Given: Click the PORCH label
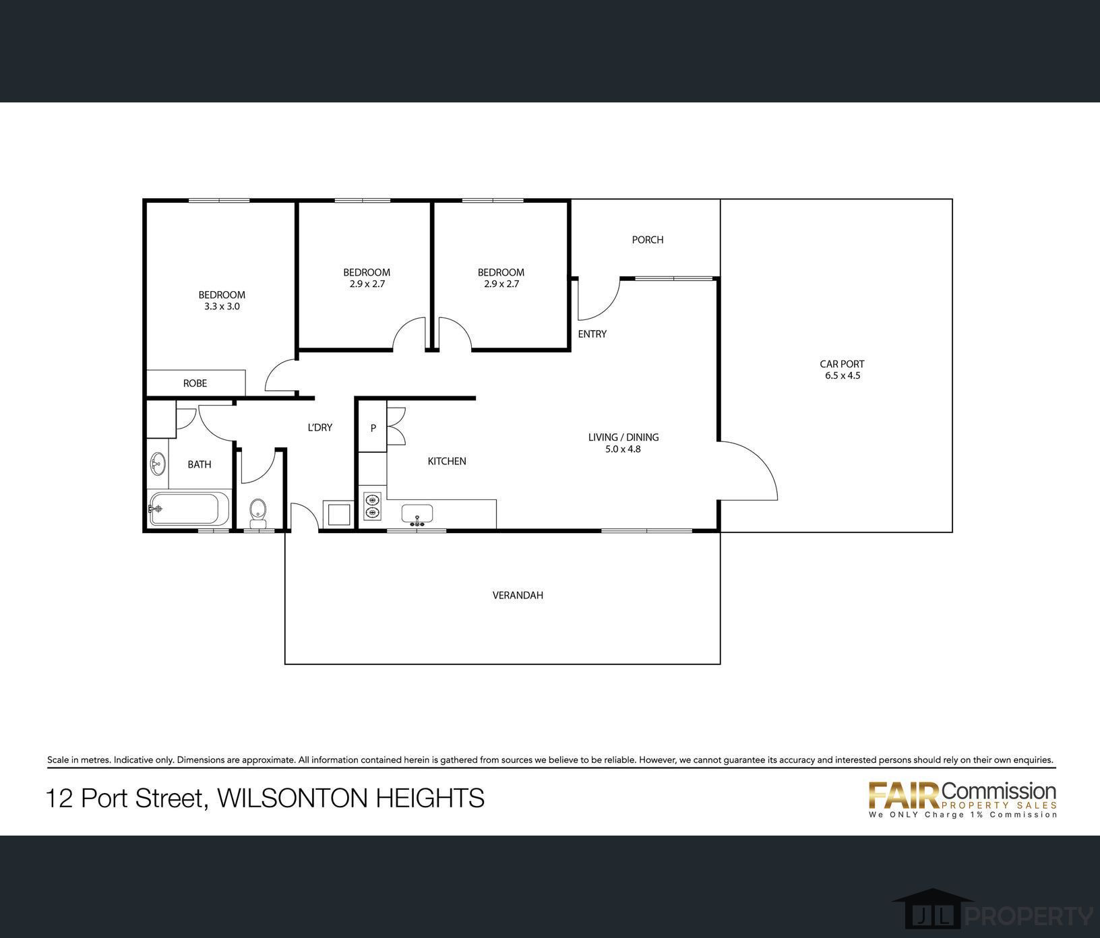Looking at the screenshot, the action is coord(648,240).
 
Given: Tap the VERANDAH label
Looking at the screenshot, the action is coord(518,596).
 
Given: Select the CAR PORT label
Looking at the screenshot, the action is coord(842,364).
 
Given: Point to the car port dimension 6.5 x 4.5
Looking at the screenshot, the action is coord(843,376).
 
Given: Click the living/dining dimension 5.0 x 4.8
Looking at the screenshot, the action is coord(623,449).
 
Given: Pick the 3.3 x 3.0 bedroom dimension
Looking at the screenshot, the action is coord(222,307).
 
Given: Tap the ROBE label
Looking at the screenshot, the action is coord(195,383).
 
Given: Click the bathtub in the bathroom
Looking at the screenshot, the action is coord(189,509).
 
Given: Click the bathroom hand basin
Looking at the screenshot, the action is coord(158,464).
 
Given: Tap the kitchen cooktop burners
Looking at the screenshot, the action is coord(372,506).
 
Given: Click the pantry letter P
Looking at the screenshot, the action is coord(373,428).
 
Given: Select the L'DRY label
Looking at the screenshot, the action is coord(320,427).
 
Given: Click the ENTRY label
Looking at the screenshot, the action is coord(592,334).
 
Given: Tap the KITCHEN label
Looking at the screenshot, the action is coord(447,462).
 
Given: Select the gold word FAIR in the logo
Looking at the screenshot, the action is coord(904,796).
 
